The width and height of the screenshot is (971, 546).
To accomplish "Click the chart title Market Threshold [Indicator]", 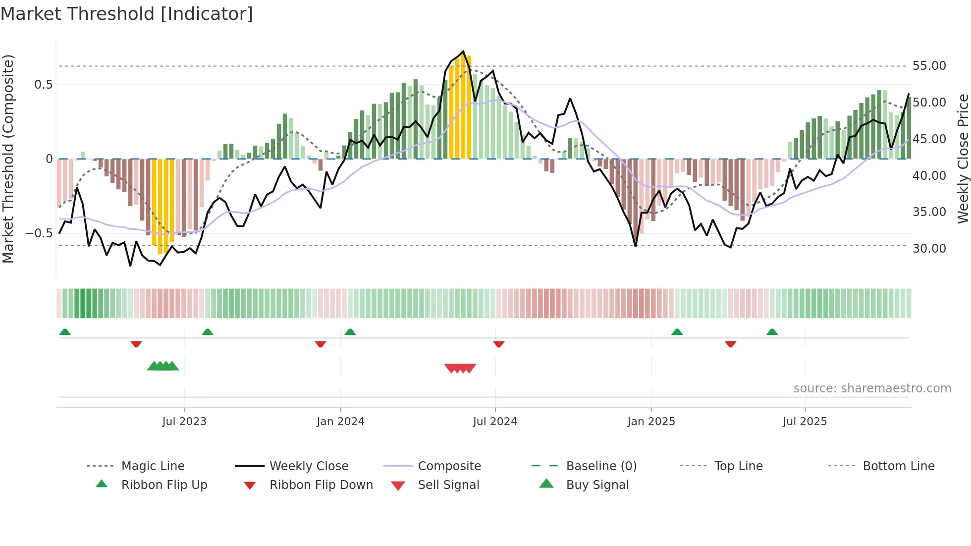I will pyautogui.click(x=127, y=14).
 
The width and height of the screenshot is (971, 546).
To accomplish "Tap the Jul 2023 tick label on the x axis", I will pyautogui.click(x=184, y=422).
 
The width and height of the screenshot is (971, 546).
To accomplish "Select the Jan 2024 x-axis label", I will pyautogui.click(x=340, y=422).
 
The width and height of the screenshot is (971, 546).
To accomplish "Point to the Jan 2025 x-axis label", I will pyautogui.click(x=651, y=422).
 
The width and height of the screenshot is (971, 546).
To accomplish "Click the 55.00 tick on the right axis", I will pyautogui.click(x=929, y=66).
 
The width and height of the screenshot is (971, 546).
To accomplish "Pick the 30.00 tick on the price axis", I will pyautogui.click(x=929, y=249).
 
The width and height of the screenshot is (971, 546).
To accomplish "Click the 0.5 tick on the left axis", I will pyautogui.click(x=44, y=85).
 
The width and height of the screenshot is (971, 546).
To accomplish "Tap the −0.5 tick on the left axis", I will pyautogui.click(x=39, y=233).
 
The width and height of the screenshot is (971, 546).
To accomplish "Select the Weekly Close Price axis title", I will pyautogui.click(x=963, y=159).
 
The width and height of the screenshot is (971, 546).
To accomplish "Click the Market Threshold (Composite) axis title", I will pyautogui.click(x=8, y=159).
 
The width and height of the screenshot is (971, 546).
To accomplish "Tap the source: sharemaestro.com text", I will pyautogui.click(x=872, y=388).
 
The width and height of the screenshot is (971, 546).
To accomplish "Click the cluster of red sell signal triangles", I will pyautogui.click(x=460, y=368).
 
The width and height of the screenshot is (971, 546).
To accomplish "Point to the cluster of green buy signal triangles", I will pyautogui.click(x=163, y=366).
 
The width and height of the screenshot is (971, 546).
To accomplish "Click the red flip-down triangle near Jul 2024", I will pyautogui.click(x=499, y=344).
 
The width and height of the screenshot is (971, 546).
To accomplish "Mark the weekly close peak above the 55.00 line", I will pyautogui.click(x=463, y=51).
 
